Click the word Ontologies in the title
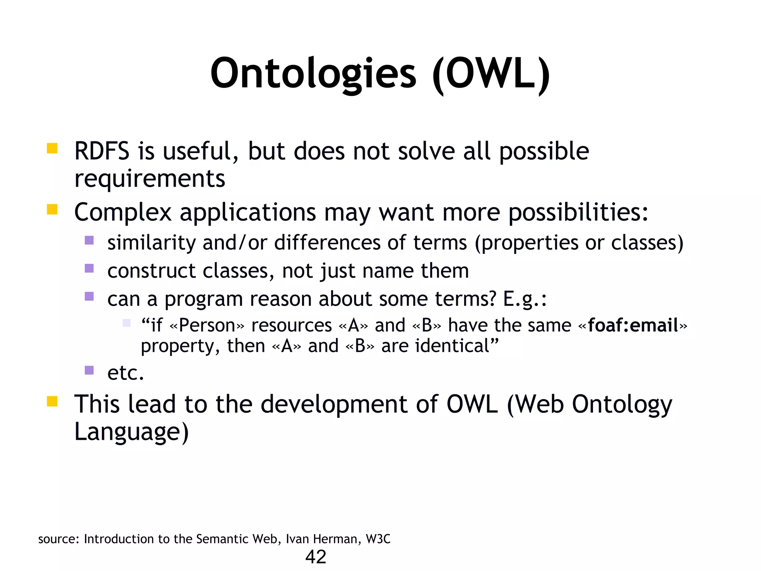click(x=313, y=74)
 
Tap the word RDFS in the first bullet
click(x=102, y=151)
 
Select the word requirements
click(x=150, y=179)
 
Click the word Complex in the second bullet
click(x=123, y=212)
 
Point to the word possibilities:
click(x=578, y=212)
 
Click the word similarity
click(x=151, y=243)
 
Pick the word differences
click(x=327, y=243)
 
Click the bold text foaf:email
click(x=633, y=325)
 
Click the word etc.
click(x=125, y=372)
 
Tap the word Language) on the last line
click(x=132, y=432)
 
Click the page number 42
click(x=315, y=557)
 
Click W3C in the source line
click(x=378, y=539)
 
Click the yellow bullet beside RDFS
click(x=52, y=148)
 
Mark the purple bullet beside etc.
click(x=89, y=370)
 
